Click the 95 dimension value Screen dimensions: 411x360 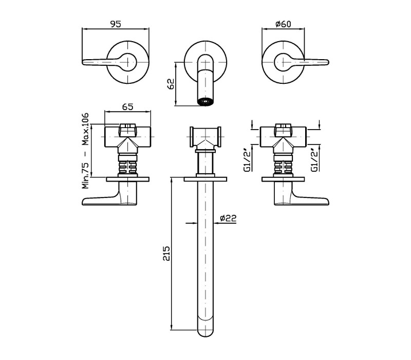point(116,24)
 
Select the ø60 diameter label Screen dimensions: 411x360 point(284,24)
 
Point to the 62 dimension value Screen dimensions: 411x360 point(171,84)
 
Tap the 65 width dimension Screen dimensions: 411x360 point(127,107)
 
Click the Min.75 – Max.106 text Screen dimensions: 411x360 point(85,151)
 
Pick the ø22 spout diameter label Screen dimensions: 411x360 point(228,218)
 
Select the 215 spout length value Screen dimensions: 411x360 point(166,254)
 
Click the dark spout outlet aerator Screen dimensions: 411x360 point(206,102)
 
